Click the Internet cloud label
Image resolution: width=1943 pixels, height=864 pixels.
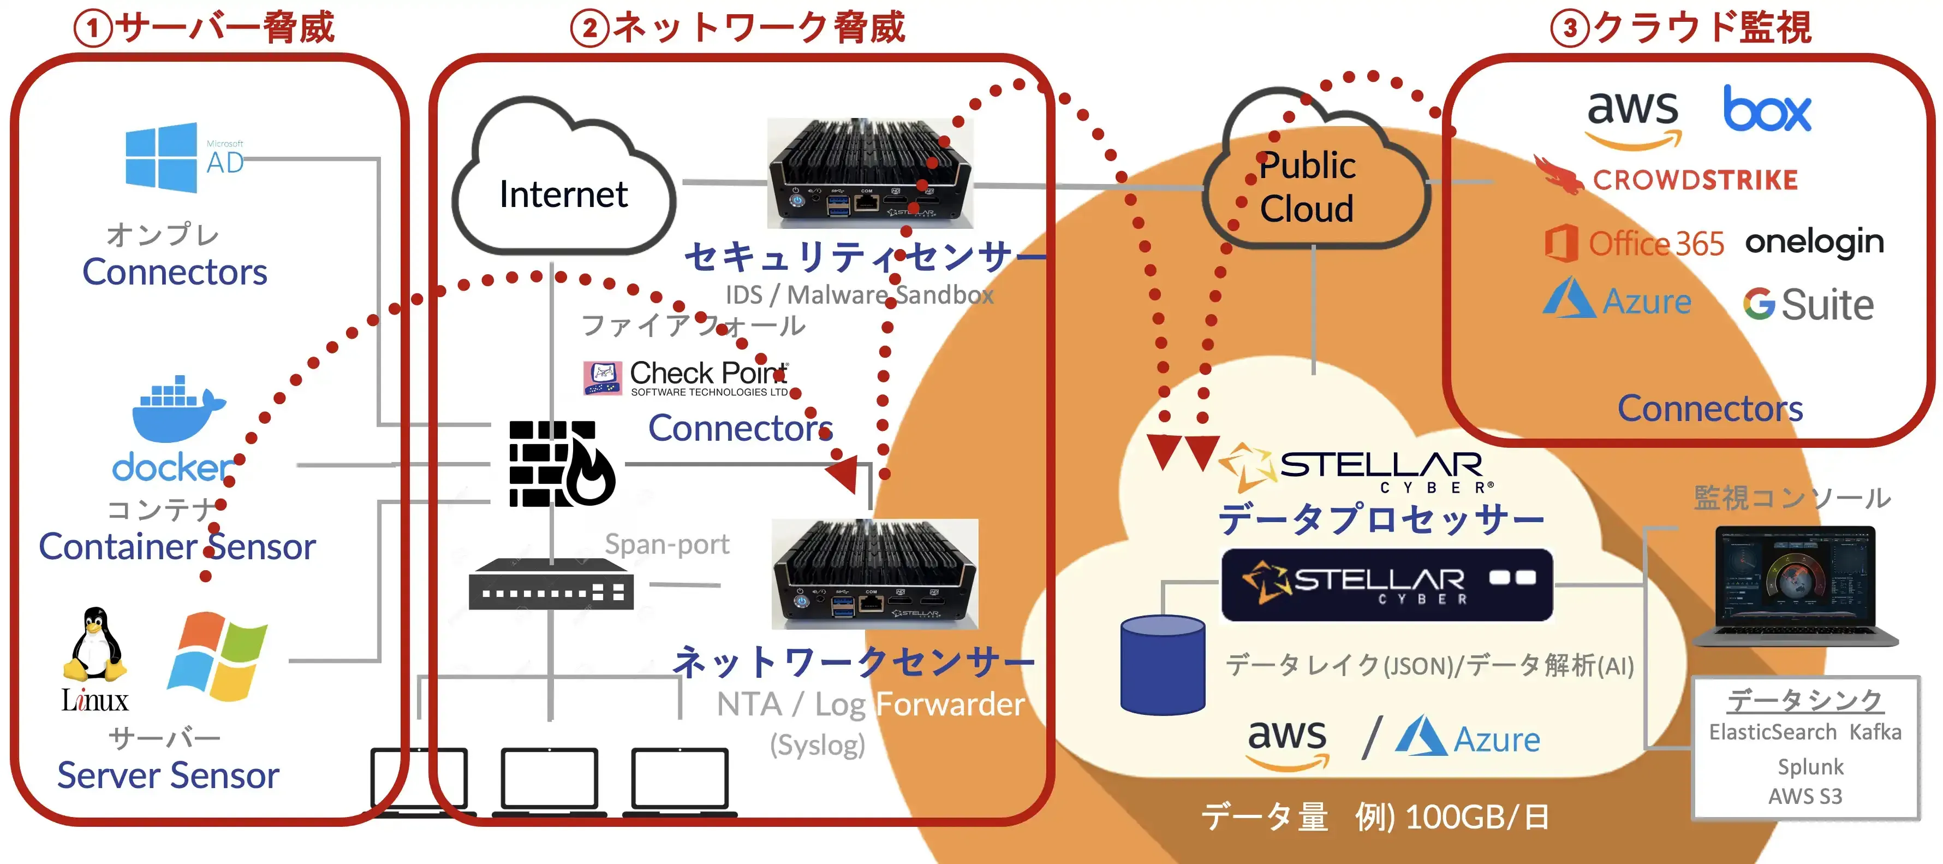[x=563, y=194]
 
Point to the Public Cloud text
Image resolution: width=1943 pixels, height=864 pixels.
[x=1307, y=187]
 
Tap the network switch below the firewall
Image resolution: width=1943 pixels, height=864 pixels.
[x=551, y=585]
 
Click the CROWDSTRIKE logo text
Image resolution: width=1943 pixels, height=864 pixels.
[x=1694, y=180]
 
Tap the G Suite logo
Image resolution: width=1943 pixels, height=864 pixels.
[x=1807, y=305]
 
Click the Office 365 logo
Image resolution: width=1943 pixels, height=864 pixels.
[x=1635, y=244]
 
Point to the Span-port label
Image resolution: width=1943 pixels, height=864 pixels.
[x=667, y=544]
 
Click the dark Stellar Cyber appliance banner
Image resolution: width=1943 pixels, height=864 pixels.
[x=1386, y=585]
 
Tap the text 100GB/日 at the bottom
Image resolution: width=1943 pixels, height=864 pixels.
[x=1477, y=817]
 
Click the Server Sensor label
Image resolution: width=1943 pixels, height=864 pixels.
[x=168, y=776]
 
